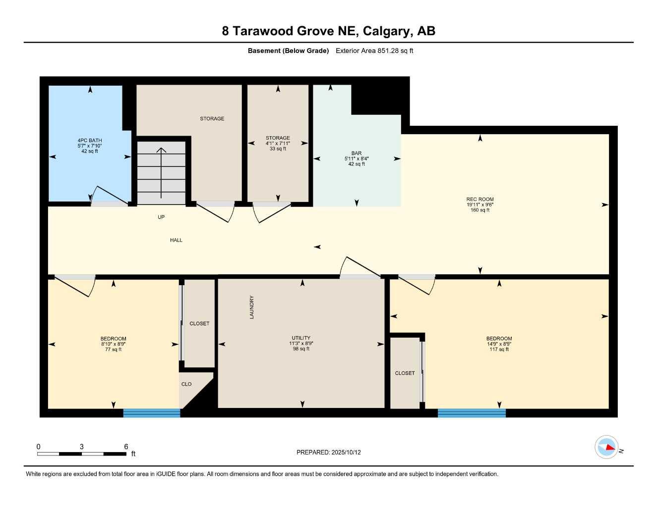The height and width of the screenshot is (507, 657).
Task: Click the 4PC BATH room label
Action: pos(90,141)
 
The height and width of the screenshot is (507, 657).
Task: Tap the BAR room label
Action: pos(356,153)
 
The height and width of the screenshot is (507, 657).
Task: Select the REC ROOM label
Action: pos(479,199)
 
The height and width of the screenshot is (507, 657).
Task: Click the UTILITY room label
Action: pos(300,338)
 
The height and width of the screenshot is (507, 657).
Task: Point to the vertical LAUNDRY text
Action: pos(251,307)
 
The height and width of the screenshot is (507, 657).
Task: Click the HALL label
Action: pos(176,240)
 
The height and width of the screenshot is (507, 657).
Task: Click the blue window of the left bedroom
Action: pos(151,413)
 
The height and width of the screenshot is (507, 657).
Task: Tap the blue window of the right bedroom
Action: pos(471,413)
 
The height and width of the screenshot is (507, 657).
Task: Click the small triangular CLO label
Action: pos(186,384)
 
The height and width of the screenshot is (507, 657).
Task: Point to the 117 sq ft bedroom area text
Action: pos(499,350)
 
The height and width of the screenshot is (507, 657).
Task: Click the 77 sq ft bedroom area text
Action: pos(113,350)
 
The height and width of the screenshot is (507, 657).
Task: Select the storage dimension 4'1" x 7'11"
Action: pos(278,144)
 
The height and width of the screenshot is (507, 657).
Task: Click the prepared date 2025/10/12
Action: pos(328,452)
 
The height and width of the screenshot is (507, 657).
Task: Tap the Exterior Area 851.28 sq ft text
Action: pos(374,51)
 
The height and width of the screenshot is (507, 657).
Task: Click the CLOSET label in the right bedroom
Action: pos(405,373)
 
